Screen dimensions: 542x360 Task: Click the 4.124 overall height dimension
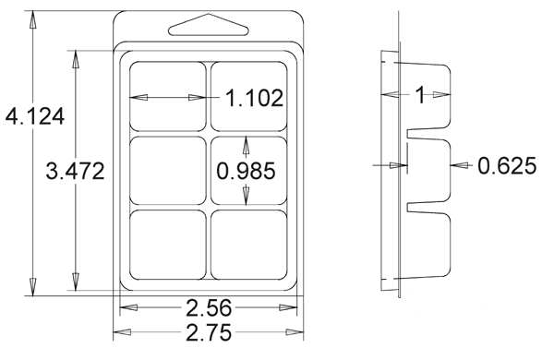[x=35, y=116]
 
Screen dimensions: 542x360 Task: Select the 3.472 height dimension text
[x=75, y=171]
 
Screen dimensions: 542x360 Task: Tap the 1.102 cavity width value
[x=255, y=98]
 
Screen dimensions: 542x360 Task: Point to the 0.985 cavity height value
[x=246, y=171]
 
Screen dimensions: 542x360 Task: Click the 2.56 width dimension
[x=209, y=308]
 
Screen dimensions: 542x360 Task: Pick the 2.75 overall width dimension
[x=209, y=332]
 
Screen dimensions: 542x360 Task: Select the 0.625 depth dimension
[x=507, y=165]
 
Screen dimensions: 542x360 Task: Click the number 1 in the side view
[x=420, y=95]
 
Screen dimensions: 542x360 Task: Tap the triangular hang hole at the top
[x=209, y=25]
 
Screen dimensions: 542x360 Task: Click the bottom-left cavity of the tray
[x=168, y=245]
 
